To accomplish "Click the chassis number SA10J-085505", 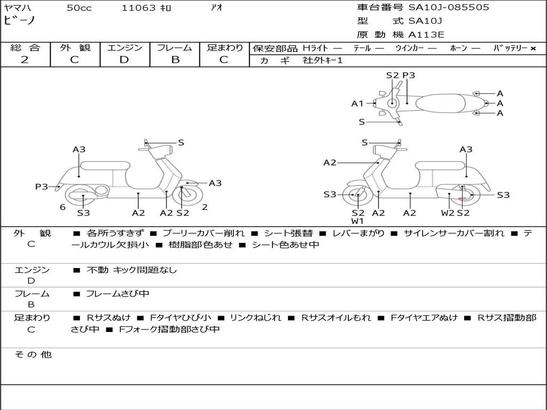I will [x=449, y=7].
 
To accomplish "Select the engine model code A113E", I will [x=426, y=35].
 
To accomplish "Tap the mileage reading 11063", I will [x=138, y=8].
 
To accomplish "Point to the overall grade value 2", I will [x=25, y=60].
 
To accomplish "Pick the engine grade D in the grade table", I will [x=124, y=60].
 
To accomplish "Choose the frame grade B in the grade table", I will [x=175, y=60].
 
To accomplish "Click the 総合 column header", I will [x=25, y=48].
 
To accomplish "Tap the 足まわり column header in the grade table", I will [x=224, y=48].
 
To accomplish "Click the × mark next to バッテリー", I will [x=533, y=49].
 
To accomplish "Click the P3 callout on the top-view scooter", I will [x=409, y=75].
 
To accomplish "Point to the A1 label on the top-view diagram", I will [x=357, y=104].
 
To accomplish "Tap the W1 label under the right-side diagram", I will [x=357, y=221].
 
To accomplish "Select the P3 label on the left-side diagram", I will [x=42, y=187].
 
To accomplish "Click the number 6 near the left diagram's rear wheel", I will [x=62, y=207].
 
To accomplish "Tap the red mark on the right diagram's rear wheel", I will [x=463, y=198].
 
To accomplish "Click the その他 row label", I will [x=33, y=354].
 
